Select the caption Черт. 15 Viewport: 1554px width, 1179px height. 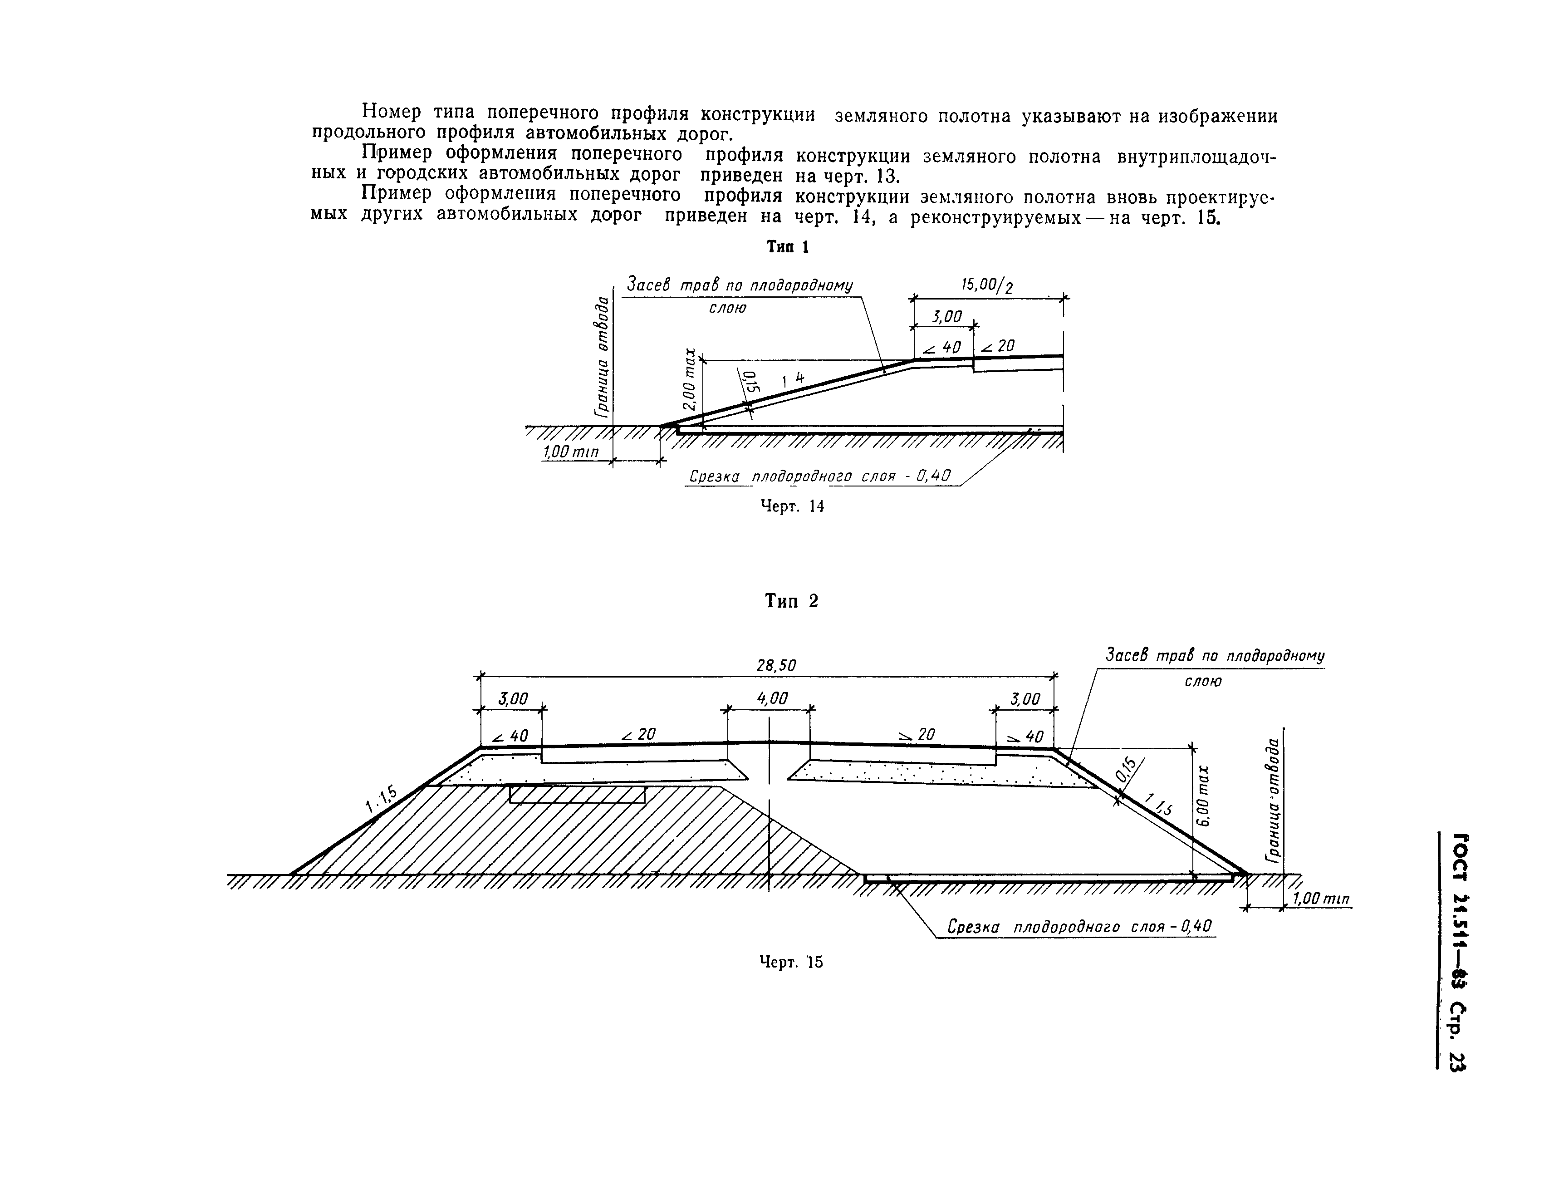click(x=791, y=962)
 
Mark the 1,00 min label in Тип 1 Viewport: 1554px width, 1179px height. click(x=570, y=452)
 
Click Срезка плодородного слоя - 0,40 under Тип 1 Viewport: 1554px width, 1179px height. click(x=819, y=477)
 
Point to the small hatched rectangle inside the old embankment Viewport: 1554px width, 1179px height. click(x=577, y=795)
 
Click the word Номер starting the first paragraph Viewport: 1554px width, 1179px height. click(x=391, y=112)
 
